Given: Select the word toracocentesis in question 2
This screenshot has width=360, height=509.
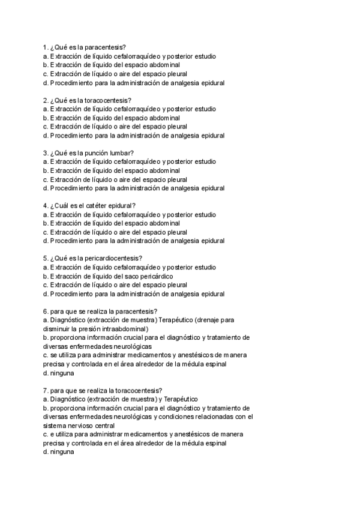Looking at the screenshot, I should (109, 100).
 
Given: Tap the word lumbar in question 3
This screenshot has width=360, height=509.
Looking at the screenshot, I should (122, 153).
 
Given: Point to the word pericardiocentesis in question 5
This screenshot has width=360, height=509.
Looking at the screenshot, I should (115, 259).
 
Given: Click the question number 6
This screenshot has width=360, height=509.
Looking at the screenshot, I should (46, 312).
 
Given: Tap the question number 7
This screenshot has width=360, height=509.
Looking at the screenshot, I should (46, 390).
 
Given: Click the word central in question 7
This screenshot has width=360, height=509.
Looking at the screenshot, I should (103, 426).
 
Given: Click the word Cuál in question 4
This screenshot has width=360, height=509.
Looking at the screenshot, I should (64, 206).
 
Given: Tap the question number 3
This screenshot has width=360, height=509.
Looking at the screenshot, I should (46, 153).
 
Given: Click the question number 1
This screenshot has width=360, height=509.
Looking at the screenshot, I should (46, 47).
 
